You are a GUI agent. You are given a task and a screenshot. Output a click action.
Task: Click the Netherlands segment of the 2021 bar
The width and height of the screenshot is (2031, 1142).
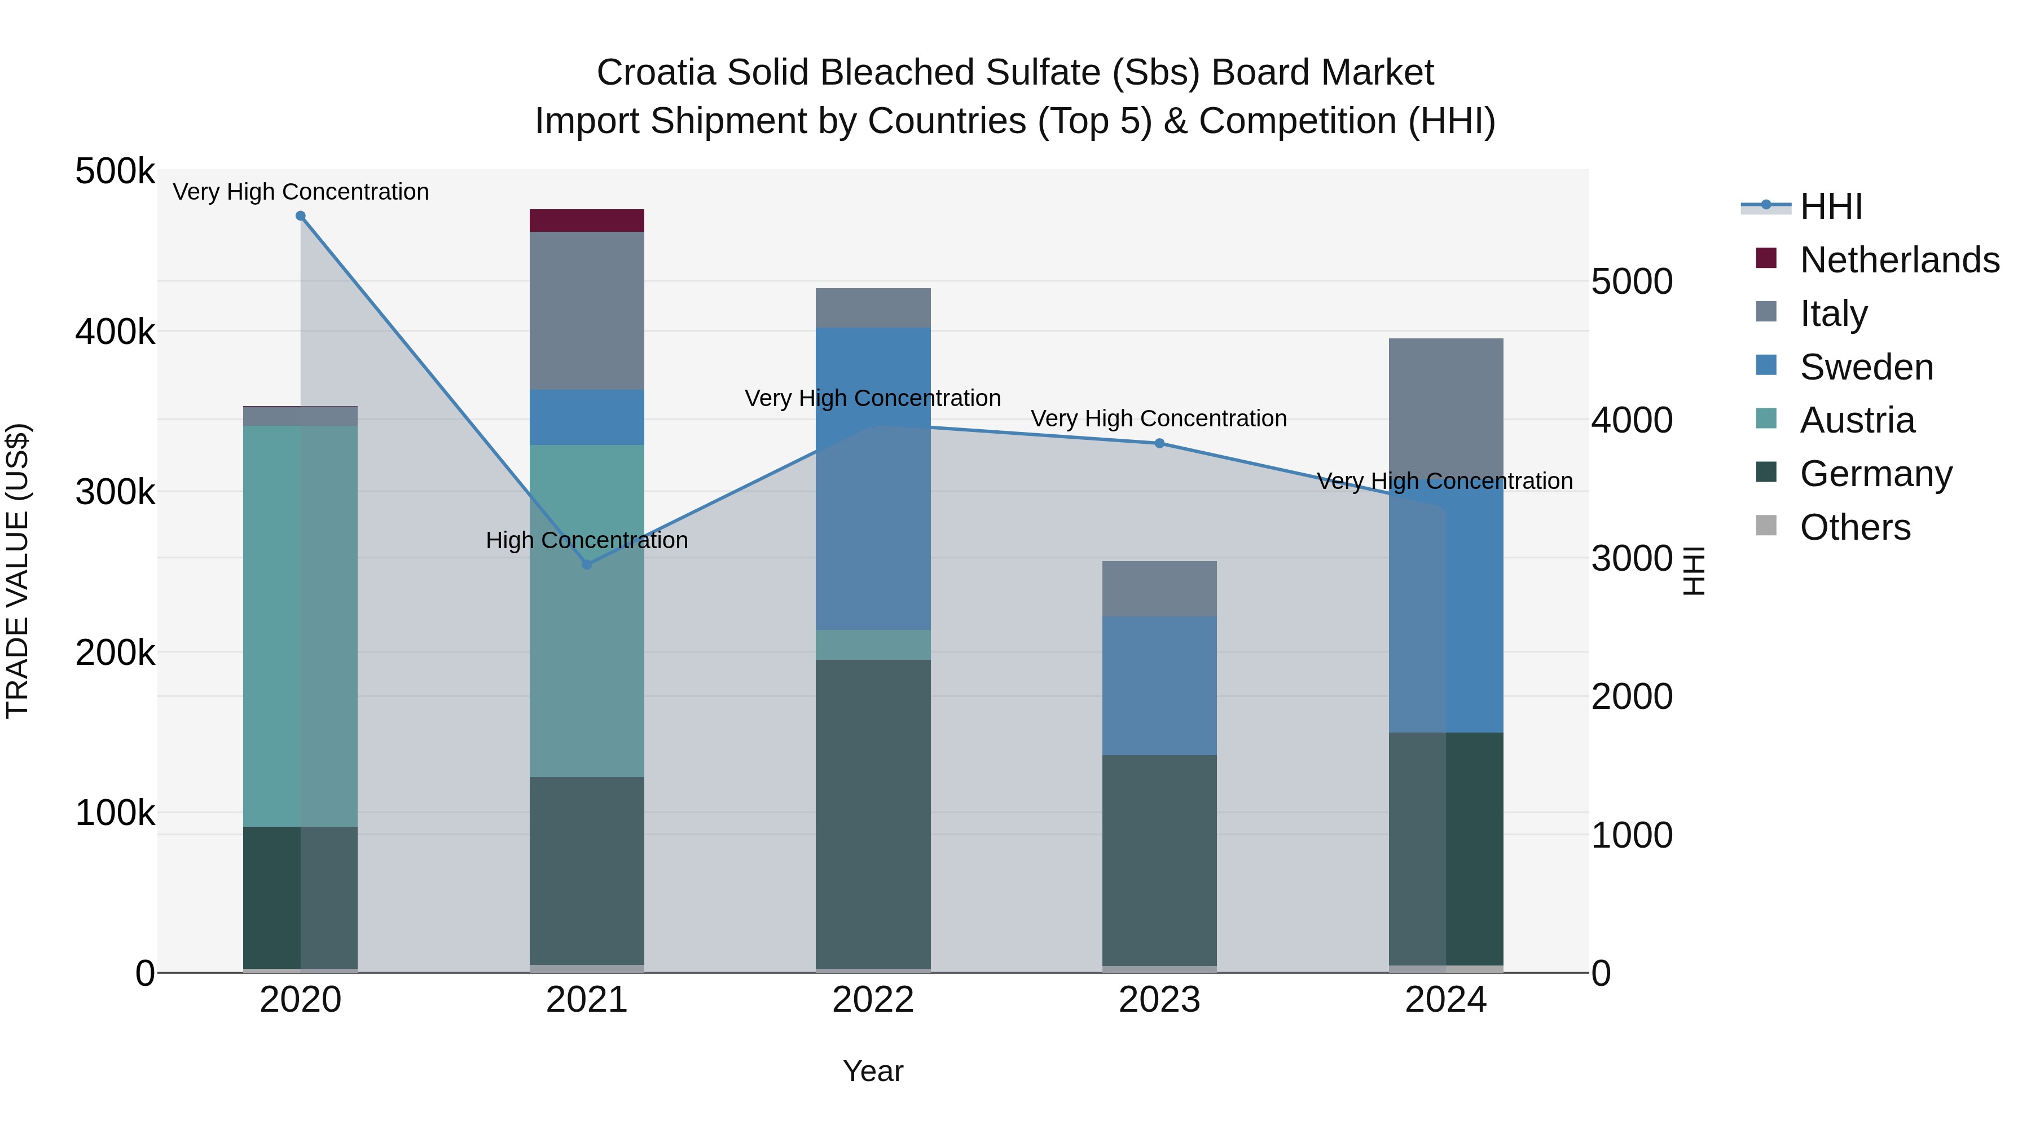click(x=587, y=221)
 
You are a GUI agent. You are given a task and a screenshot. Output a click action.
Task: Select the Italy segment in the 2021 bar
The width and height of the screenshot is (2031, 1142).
click(x=587, y=311)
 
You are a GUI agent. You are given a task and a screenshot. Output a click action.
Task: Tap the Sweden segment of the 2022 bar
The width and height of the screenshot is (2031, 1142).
click(x=873, y=478)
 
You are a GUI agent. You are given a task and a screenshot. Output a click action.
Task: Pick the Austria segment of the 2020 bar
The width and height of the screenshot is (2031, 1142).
click(x=300, y=626)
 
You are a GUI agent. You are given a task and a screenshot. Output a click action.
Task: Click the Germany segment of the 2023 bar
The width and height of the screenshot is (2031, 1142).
click(x=1159, y=860)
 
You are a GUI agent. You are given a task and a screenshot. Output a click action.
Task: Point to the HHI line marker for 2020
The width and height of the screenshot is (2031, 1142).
click(x=300, y=216)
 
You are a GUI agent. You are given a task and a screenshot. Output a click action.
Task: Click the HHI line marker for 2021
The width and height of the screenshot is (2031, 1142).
click(x=587, y=565)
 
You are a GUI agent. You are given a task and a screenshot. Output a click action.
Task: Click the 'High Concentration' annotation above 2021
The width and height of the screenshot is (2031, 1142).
click(x=587, y=541)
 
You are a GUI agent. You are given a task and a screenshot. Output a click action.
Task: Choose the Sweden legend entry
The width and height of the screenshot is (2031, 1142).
click(x=1866, y=367)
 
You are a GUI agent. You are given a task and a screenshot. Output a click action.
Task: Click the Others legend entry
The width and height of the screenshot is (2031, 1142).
click(x=1854, y=527)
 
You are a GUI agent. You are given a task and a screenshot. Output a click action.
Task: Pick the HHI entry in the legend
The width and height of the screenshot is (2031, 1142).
click(x=1831, y=206)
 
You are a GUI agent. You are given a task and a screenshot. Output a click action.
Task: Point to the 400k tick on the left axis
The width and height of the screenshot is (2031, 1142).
click(x=115, y=332)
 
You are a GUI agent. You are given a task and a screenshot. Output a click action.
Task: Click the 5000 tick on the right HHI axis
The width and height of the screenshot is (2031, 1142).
click(x=1631, y=281)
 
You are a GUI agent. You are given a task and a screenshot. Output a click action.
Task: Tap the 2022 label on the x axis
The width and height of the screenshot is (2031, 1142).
click(x=873, y=1000)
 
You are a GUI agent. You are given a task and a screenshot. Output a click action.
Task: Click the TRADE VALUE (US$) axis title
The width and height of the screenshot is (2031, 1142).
click(x=17, y=571)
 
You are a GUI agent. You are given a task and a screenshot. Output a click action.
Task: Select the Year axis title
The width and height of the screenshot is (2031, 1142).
click(x=873, y=1071)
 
